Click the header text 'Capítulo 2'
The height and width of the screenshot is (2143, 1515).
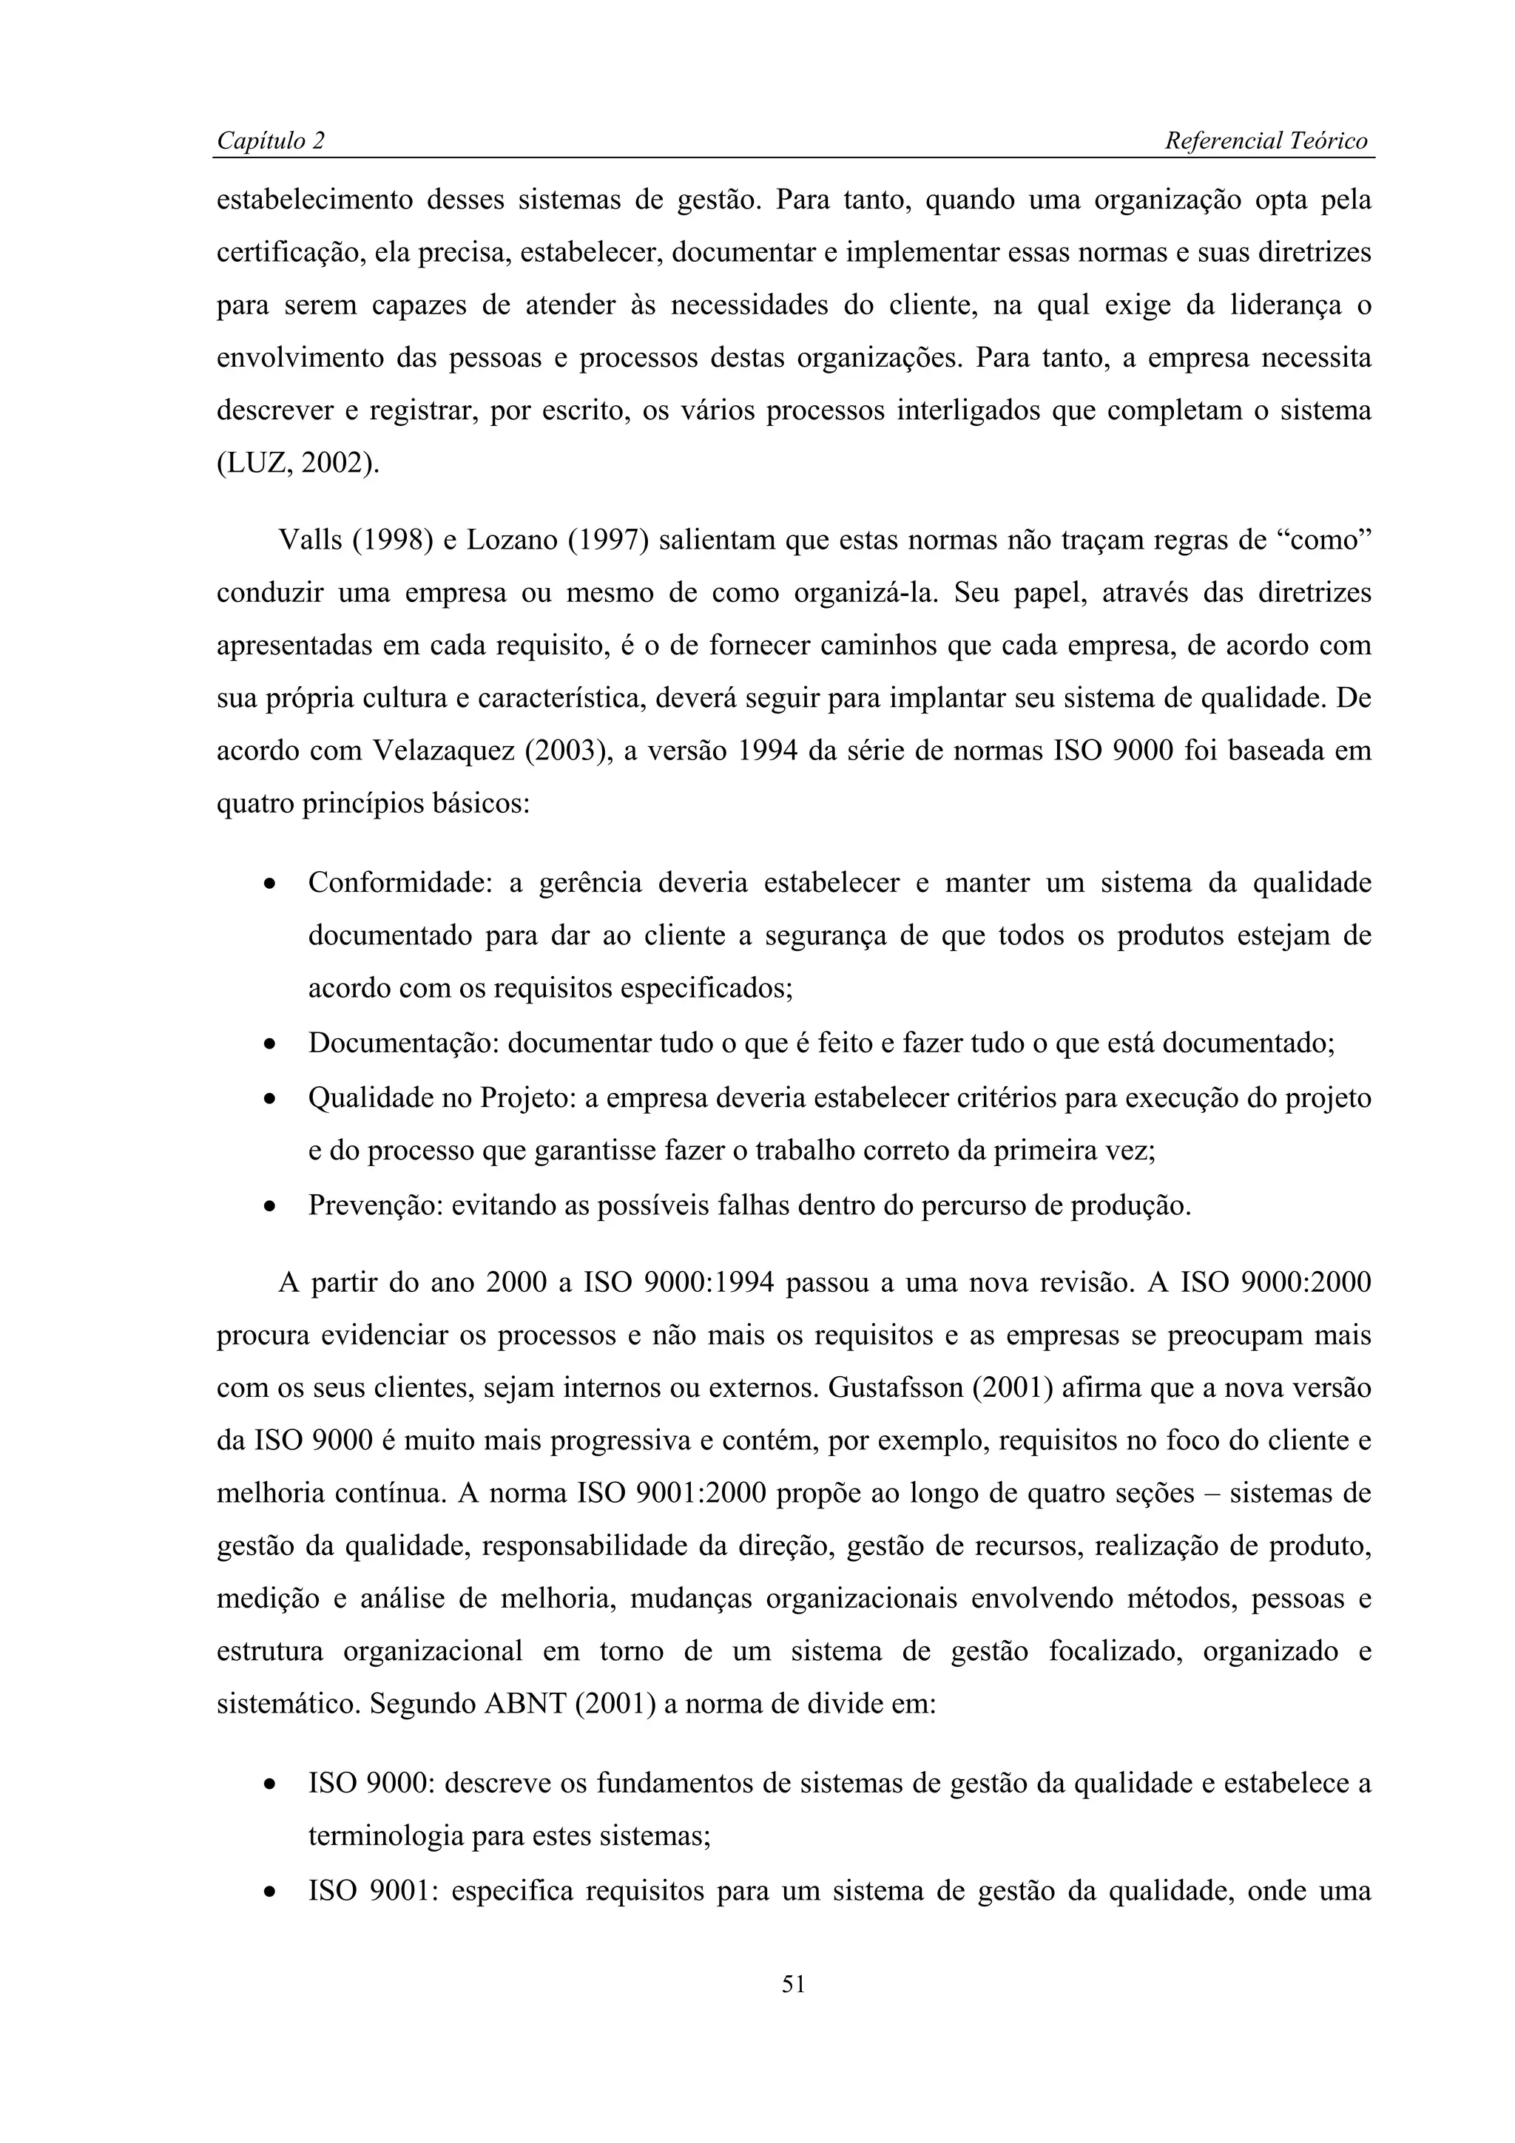pyautogui.click(x=271, y=141)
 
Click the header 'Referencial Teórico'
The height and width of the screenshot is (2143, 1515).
pyautogui.click(x=1266, y=141)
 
